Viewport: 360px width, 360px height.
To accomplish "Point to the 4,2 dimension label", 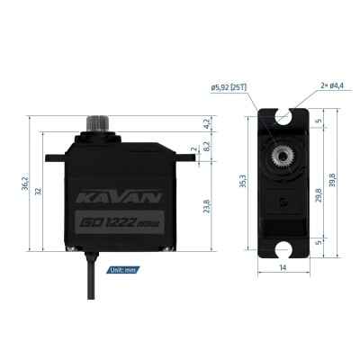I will (x=207, y=122).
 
